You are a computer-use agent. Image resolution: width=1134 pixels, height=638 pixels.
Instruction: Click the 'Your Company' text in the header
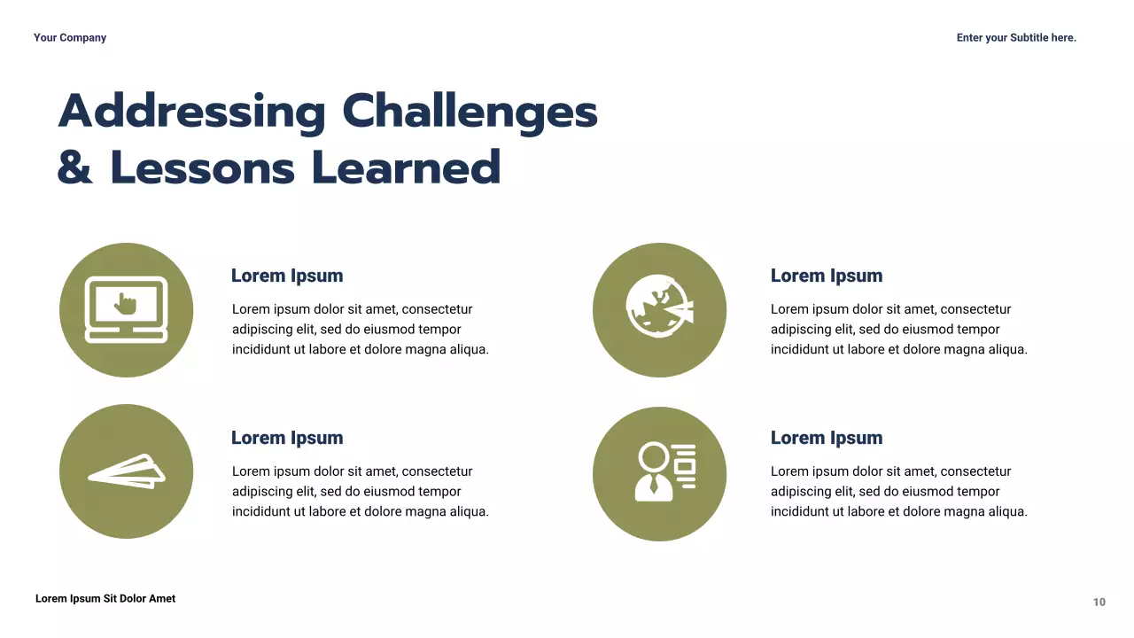[70, 37]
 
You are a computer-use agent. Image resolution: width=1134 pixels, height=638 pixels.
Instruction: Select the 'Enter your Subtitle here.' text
[1016, 37]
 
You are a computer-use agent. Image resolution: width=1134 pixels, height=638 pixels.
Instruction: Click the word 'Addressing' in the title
[192, 113]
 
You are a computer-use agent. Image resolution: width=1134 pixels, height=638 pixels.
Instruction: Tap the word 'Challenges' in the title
[470, 113]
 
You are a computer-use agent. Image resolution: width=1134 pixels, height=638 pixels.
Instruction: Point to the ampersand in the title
[75, 167]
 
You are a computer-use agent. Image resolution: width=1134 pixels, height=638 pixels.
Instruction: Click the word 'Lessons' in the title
[203, 167]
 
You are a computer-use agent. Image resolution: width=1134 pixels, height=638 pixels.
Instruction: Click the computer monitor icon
[126, 309]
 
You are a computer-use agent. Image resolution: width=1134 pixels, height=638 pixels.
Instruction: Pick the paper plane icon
[127, 471]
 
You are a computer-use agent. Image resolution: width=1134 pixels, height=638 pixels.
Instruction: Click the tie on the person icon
[654, 485]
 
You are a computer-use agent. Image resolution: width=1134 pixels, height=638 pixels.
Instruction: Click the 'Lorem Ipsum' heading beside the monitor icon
[287, 276]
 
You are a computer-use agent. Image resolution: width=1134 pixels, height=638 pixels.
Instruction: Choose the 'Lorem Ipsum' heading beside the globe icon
[827, 276]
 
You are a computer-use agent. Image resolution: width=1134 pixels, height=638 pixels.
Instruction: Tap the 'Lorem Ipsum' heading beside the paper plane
[287, 438]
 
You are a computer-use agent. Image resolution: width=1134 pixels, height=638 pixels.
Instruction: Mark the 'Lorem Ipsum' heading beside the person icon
[827, 438]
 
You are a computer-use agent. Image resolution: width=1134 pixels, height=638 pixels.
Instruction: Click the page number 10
[1099, 603]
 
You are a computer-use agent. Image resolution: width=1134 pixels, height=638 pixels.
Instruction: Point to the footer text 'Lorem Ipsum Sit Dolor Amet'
[105, 599]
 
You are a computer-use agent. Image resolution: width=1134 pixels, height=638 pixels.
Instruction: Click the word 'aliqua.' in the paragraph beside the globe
[1005, 349]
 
